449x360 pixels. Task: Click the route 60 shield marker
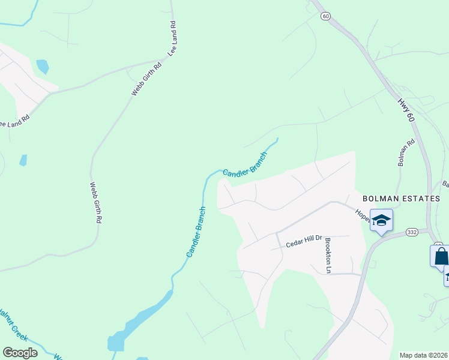325,16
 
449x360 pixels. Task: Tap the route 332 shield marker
411,232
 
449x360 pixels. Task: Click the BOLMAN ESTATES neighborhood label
401,198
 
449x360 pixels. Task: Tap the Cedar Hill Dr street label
304,242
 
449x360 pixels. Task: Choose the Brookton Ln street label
328,256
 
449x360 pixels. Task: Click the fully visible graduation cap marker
381,221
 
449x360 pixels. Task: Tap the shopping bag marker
440,256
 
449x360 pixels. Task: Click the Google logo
20,352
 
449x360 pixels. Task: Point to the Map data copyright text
423,355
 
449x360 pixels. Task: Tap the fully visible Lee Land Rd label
172,40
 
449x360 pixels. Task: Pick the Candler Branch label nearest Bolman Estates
244,164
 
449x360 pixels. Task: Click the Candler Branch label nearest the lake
196,232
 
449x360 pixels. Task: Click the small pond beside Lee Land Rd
42,65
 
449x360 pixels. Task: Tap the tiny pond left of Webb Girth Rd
23,160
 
